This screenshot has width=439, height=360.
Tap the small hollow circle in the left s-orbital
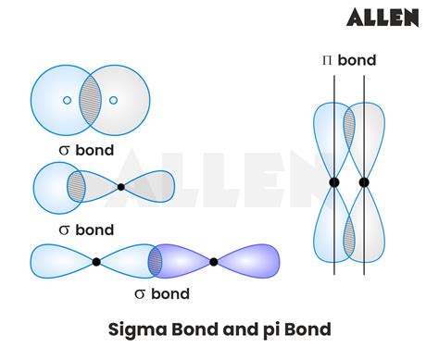67,100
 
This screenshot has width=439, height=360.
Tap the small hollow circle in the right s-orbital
113,100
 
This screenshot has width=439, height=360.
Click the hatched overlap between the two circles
90,100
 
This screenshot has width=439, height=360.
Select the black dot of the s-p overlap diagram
121,187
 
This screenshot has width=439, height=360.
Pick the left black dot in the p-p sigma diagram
96,262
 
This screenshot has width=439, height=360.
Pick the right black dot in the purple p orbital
214,262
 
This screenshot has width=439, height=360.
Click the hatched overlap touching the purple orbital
155,262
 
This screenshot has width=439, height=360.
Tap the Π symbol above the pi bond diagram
326,61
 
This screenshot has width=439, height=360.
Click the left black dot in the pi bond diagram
334,182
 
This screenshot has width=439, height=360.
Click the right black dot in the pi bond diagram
363,182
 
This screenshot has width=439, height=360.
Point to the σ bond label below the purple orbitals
162,294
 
